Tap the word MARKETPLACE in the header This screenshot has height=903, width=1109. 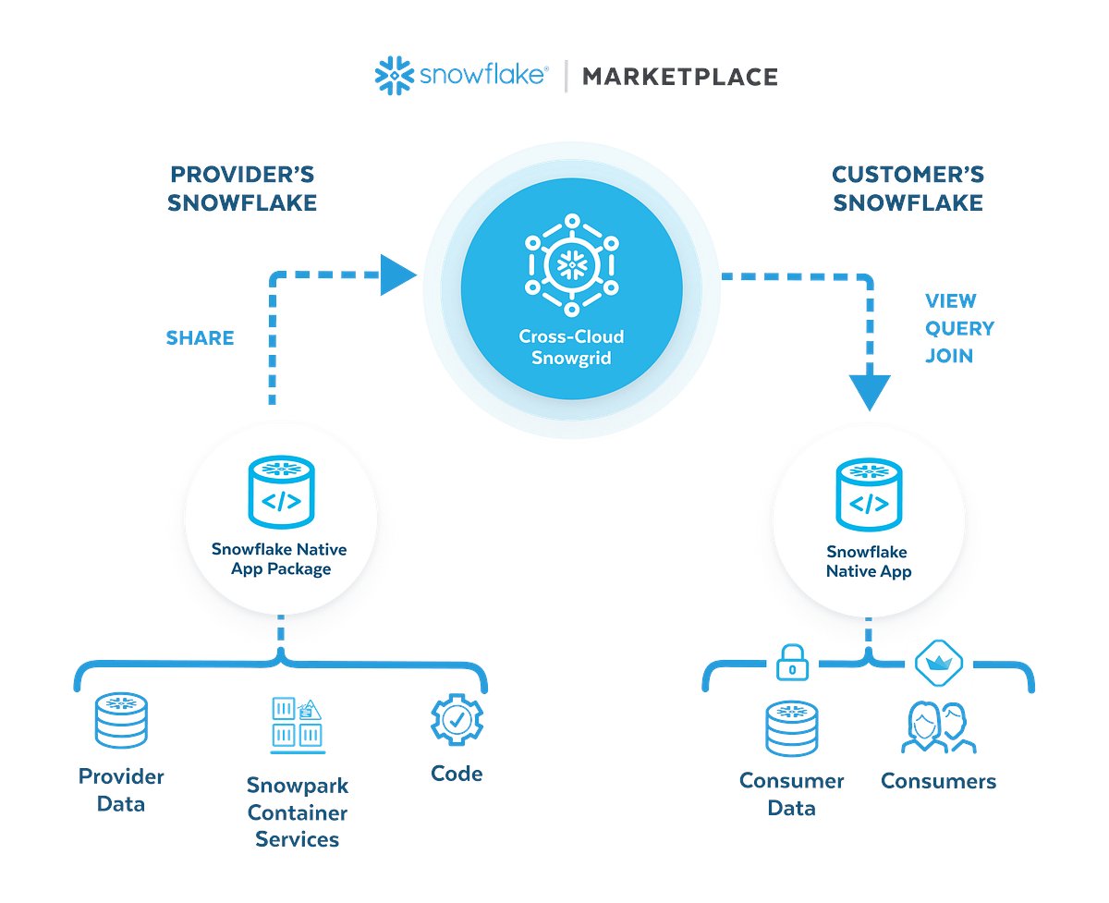(x=679, y=77)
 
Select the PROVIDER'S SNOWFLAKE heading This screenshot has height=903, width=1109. (x=242, y=189)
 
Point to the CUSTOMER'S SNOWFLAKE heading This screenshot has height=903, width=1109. (x=908, y=189)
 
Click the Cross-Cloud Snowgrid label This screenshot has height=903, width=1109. (x=571, y=348)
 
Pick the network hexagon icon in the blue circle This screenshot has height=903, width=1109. (x=571, y=264)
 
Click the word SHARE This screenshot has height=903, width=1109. (x=200, y=337)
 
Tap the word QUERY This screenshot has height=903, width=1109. (x=959, y=328)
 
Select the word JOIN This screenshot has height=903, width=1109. (x=948, y=356)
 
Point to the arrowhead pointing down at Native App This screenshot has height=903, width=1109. (x=868, y=392)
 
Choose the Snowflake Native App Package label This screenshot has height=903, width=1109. (x=279, y=559)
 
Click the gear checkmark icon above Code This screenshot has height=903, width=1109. (x=457, y=721)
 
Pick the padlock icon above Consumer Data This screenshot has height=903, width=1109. (x=791, y=663)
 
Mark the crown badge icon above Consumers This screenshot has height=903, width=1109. (x=938, y=663)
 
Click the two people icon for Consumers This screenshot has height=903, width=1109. (x=938, y=727)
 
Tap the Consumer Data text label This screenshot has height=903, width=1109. (x=791, y=794)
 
